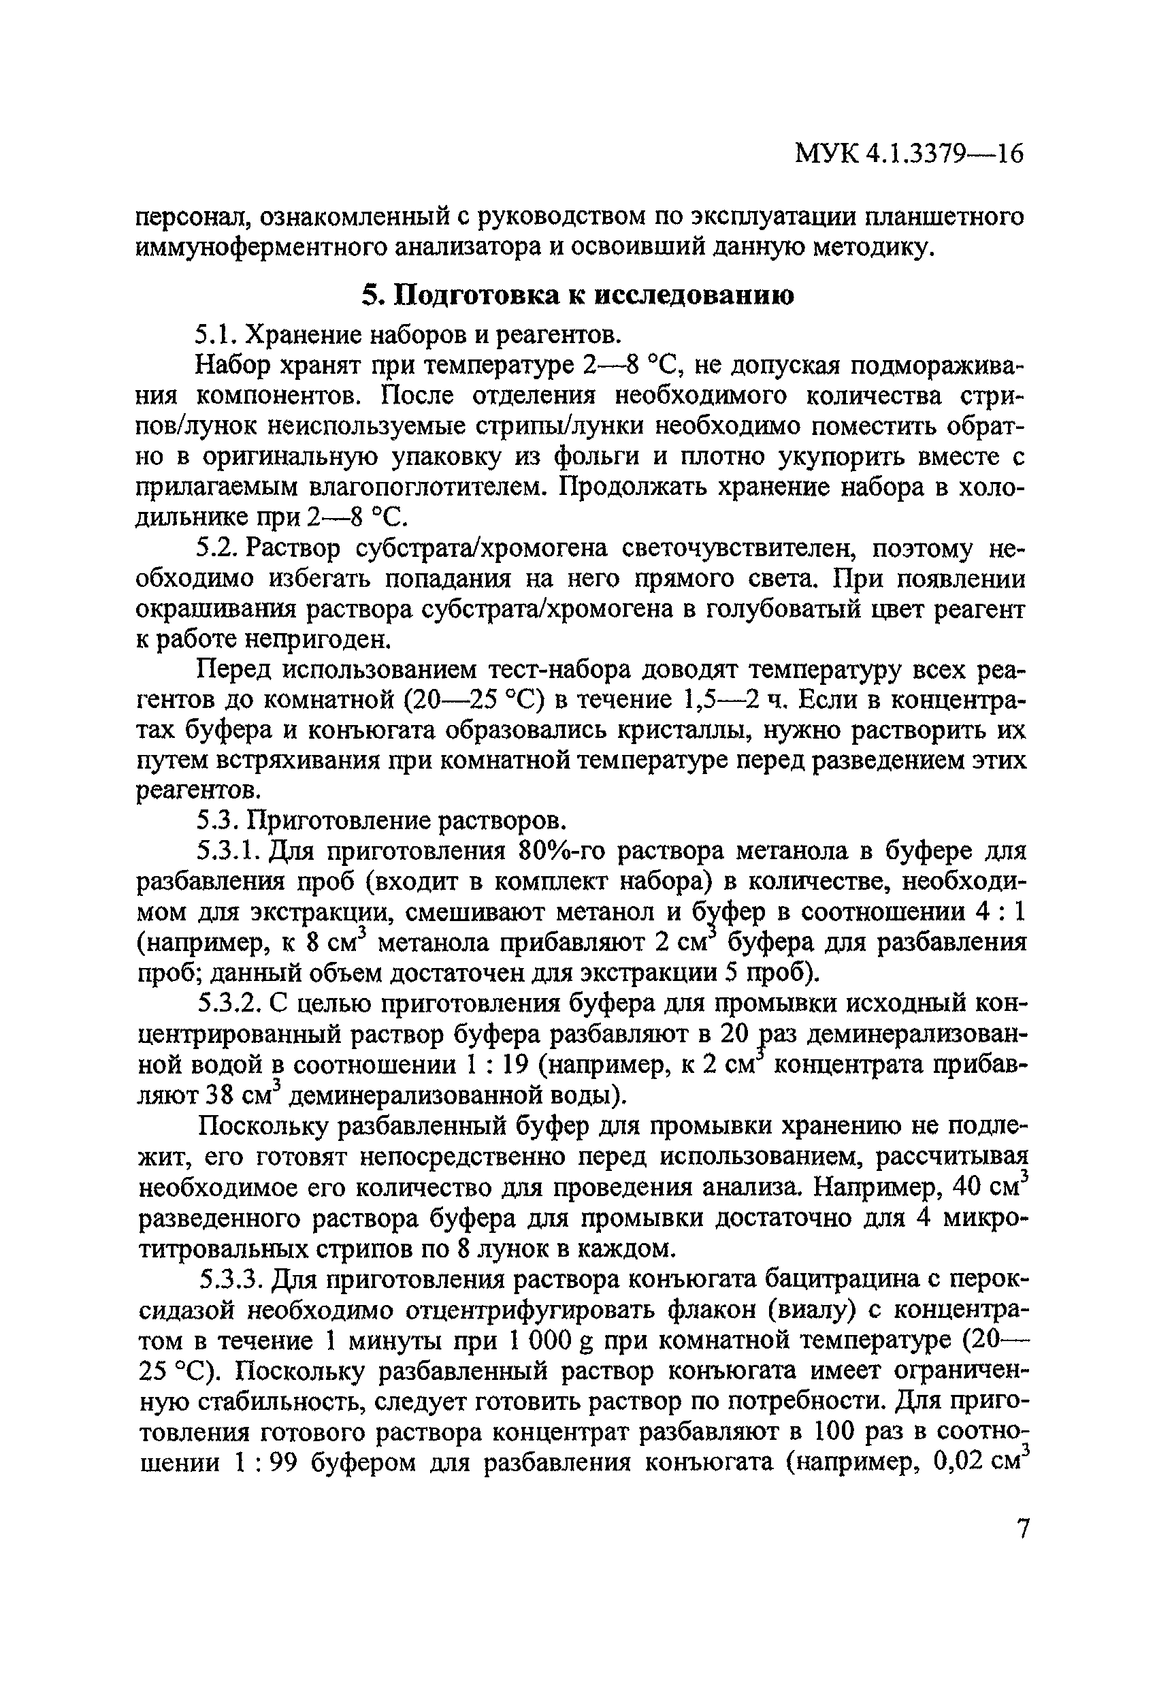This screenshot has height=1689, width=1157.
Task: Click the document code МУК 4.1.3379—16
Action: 909,155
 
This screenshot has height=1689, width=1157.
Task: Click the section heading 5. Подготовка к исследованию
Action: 578,294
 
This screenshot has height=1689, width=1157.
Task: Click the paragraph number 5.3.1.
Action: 229,850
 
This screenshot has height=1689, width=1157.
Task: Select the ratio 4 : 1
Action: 1000,912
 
